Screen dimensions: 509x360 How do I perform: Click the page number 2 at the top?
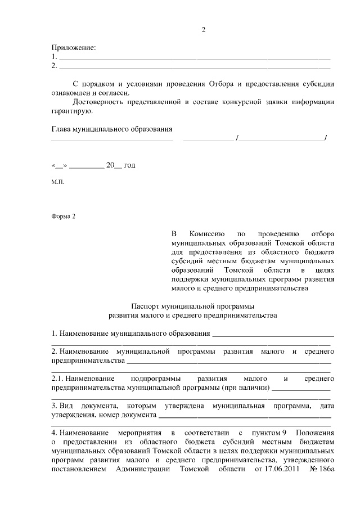204,30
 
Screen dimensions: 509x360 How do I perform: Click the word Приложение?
74,48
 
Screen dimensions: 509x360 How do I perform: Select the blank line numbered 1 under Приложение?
194,57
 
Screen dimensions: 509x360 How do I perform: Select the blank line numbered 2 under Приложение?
194,66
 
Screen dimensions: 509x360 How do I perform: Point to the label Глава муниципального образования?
112,129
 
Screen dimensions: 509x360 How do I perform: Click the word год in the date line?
129,165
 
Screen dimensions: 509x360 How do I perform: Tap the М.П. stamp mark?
58,183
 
